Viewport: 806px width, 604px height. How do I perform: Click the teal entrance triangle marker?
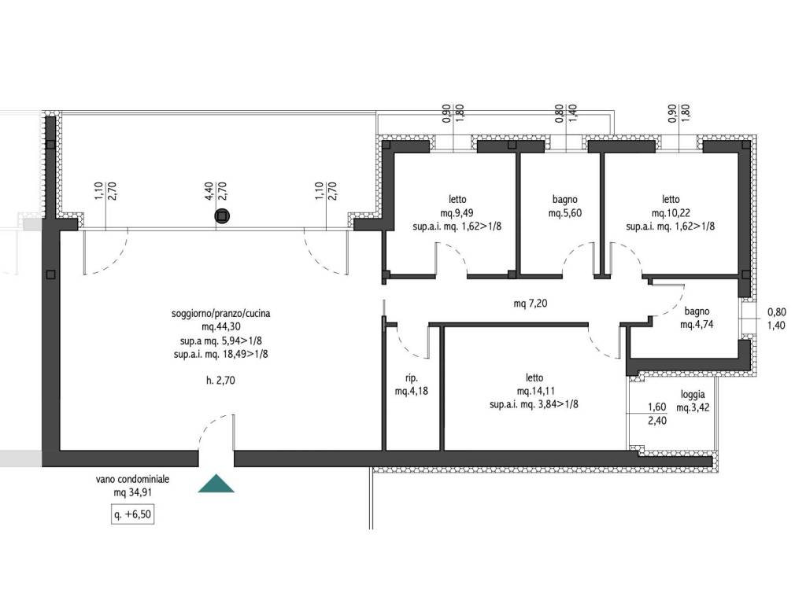click(216, 484)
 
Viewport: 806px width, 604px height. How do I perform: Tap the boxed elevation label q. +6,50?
click(132, 514)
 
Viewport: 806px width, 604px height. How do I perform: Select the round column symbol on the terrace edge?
click(221, 216)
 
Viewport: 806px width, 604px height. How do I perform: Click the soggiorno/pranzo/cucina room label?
click(220, 313)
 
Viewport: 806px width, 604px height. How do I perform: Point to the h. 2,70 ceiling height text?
click(220, 381)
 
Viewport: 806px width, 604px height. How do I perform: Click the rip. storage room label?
click(411, 378)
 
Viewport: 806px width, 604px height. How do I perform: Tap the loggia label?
click(693, 395)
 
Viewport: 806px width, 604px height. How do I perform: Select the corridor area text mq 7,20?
click(531, 304)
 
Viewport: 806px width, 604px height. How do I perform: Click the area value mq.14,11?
click(535, 392)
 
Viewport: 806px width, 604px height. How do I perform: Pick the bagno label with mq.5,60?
click(565, 199)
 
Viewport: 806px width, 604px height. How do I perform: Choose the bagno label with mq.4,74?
click(697, 311)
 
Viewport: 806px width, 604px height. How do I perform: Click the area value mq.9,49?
click(457, 213)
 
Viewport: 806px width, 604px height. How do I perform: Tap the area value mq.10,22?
click(671, 213)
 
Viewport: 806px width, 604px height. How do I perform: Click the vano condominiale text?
click(132, 479)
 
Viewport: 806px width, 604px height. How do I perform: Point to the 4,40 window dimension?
click(209, 190)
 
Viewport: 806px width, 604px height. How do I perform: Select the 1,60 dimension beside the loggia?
click(657, 407)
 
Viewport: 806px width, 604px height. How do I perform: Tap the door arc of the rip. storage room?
click(410, 345)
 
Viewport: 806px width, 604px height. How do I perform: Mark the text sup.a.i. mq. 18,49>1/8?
click(220, 355)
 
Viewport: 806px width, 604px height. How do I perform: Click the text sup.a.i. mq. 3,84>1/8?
click(534, 405)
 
